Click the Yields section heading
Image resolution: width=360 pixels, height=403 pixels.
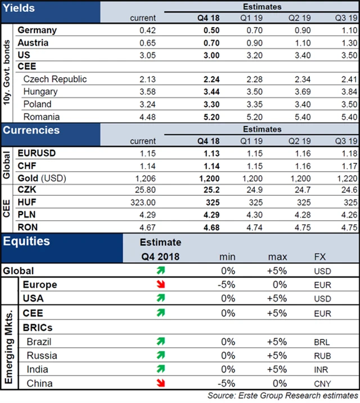pyautogui.click(x=20, y=8)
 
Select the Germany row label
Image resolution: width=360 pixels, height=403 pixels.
pyautogui.click(x=37, y=30)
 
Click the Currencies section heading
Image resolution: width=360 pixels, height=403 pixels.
pyautogui.click(x=31, y=130)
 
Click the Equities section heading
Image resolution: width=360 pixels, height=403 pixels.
pyautogui.click(x=26, y=242)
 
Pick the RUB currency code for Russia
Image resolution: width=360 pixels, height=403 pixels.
pyautogui.click(x=324, y=356)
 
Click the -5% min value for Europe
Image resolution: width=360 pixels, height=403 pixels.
pyautogui.click(x=227, y=285)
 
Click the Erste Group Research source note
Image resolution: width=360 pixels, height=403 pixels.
pyautogui.click(x=282, y=396)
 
